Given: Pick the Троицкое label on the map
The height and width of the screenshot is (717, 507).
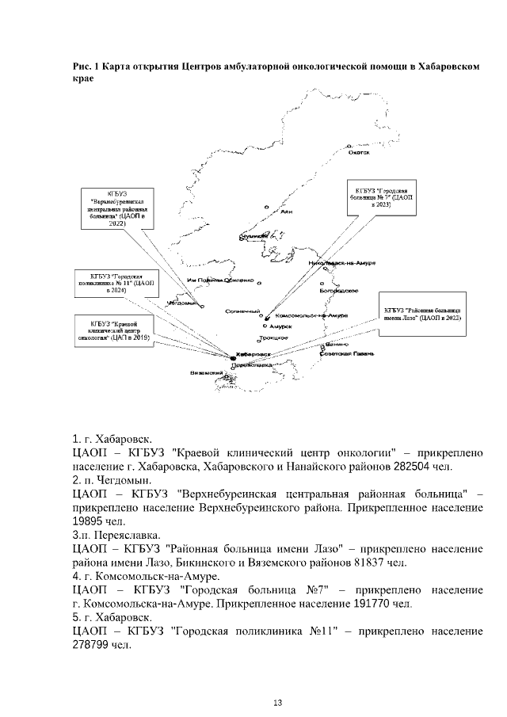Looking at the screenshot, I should tap(274, 338).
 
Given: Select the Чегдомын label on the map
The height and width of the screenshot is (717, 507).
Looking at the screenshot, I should tap(181, 303).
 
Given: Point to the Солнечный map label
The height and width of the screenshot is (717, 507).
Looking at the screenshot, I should tap(242, 311).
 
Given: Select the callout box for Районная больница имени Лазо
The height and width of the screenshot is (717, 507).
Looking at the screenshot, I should tap(422, 313).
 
